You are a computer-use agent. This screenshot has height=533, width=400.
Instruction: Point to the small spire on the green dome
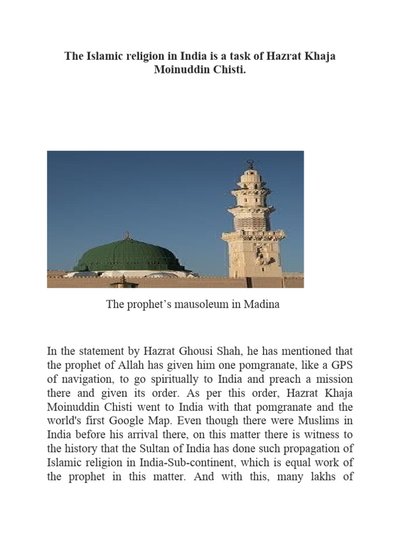pyautogui.click(x=126, y=236)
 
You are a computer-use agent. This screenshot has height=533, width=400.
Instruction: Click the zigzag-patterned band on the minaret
pyautogui.click(x=252, y=221)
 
